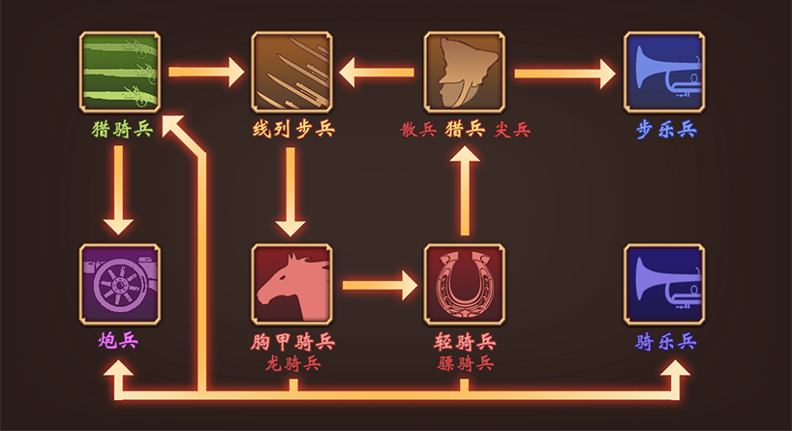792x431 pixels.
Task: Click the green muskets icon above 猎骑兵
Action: [x=119, y=72]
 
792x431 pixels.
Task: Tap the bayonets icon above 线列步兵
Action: [x=291, y=72]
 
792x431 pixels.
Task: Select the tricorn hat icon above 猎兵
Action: [x=464, y=72]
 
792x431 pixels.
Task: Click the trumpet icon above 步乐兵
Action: [x=664, y=72]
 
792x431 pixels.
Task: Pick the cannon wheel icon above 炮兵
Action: [x=119, y=284]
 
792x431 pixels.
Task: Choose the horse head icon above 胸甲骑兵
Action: [x=291, y=284]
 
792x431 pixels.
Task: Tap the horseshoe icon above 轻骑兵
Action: [x=464, y=284]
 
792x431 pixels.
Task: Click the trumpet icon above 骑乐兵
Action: [x=664, y=284]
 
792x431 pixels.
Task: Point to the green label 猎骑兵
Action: [x=121, y=130]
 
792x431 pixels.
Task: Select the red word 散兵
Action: [x=418, y=130]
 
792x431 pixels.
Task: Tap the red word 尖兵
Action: [x=513, y=130]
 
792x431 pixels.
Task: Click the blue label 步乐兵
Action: [x=666, y=130]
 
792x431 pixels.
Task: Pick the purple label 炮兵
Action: [x=120, y=342]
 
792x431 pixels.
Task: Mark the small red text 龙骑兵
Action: [x=292, y=364]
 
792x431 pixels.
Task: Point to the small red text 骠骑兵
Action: [x=465, y=364]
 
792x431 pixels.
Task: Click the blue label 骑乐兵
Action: [x=666, y=342]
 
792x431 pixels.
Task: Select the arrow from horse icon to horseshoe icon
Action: [x=379, y=286]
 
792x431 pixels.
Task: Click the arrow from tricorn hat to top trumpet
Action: [x=564, y=72]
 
